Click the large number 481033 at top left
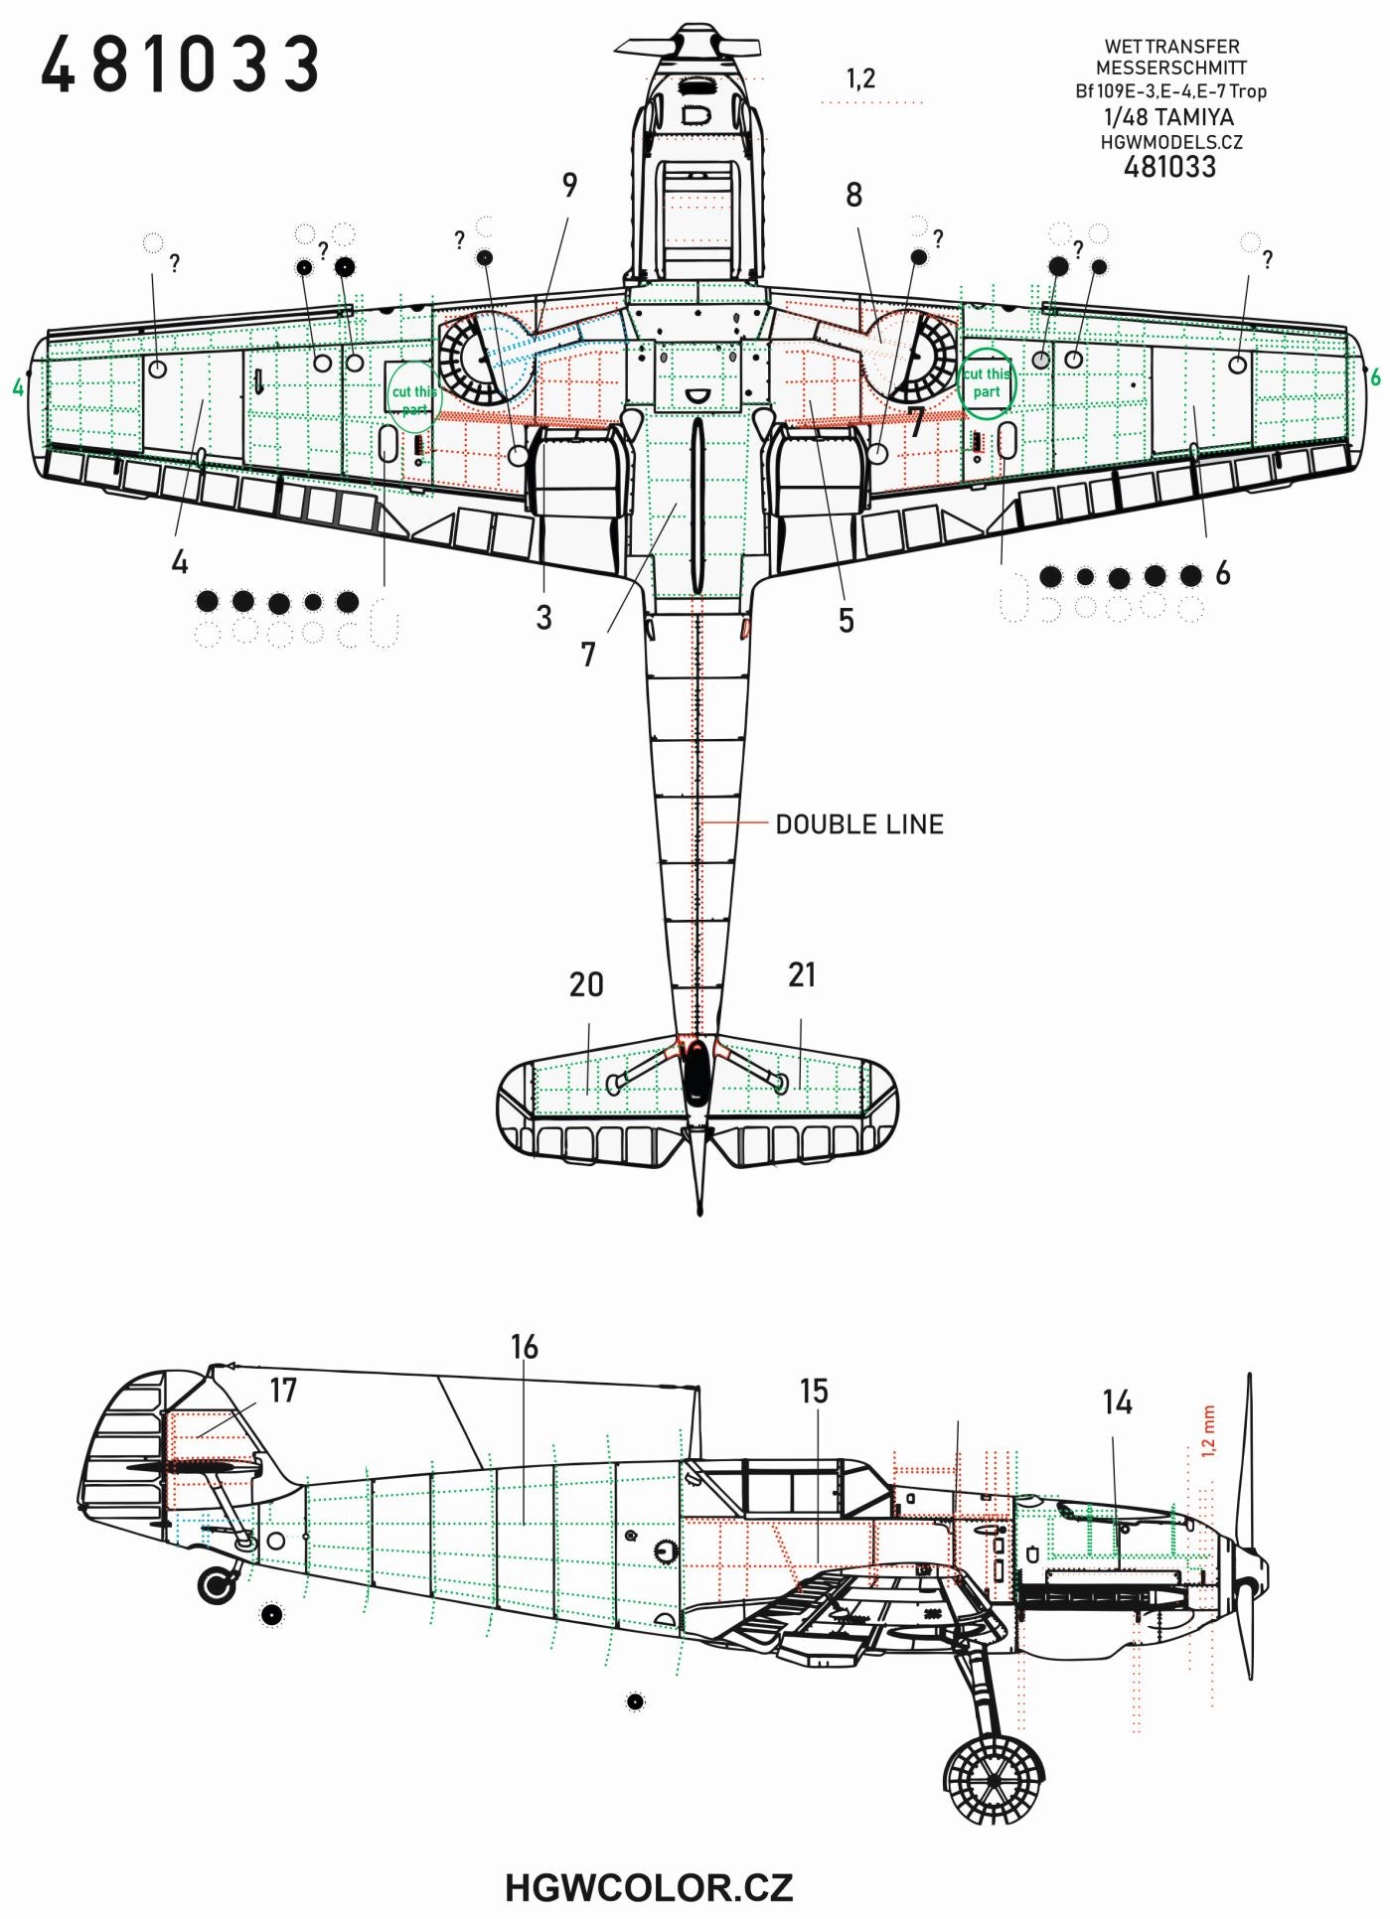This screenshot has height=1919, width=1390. tap(180, 66)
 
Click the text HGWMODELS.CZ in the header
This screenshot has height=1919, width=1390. tap(1170, 142)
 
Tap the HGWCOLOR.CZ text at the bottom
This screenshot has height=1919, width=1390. tap(648, 1886)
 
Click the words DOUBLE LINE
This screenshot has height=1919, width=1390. tap(858, 824)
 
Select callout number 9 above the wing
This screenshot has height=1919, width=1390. tap(569, 185)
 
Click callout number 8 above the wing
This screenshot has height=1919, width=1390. tap(853, 195)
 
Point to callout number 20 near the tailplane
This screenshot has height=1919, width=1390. tap(586, 984)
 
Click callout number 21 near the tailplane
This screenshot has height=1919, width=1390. tap(802, 975)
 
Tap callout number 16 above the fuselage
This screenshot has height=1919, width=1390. tap(525, 1347)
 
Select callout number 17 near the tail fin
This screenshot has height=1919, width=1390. tap(283, 1390)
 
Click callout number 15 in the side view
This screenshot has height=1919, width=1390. tap(814, 1392)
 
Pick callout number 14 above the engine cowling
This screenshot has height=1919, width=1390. tap(1117, 1402)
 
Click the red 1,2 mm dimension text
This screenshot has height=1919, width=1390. tap(1208, 1430)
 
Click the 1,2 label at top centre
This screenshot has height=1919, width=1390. tap(860, 78)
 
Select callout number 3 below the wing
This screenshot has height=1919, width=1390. tap(543, 617)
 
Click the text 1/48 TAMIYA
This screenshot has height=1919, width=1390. tap(1168, 116)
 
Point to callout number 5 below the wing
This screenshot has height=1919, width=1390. tap(846, 621)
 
